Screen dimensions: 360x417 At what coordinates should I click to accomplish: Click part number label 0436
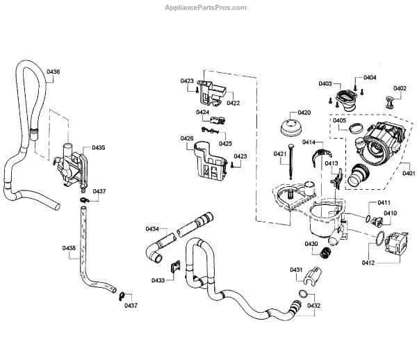(54, 72)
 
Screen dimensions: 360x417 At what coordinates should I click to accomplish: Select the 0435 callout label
(98, 148)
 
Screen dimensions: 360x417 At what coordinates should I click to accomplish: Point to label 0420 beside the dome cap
(304, 113)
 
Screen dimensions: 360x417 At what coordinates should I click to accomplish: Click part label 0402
(400, 88)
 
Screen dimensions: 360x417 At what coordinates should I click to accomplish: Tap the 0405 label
(339, 120)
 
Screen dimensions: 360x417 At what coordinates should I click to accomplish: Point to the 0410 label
(391, 213)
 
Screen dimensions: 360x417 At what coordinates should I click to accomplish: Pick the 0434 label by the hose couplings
(152, 229)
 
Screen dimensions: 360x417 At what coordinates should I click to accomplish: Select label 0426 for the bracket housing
(187, 138)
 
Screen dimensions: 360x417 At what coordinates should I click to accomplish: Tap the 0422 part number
(233, 103)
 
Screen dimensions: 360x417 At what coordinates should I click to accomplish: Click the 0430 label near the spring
(311, 244)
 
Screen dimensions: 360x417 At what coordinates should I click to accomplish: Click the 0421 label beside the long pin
(280, 154)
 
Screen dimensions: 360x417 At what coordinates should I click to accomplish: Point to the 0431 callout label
(296, 270)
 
